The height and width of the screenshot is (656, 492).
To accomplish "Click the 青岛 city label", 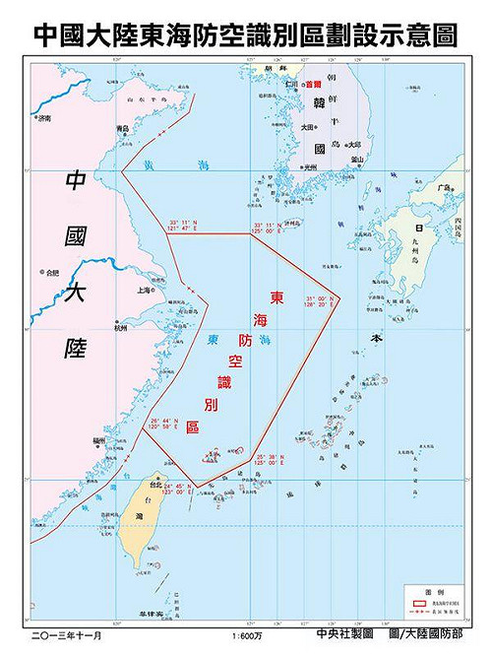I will pos(123,129).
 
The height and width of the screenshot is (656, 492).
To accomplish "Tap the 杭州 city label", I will pos(120,325).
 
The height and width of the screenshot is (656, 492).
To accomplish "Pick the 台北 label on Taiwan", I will pos(155,486).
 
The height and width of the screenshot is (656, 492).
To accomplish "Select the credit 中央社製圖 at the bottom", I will pos(348,636).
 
